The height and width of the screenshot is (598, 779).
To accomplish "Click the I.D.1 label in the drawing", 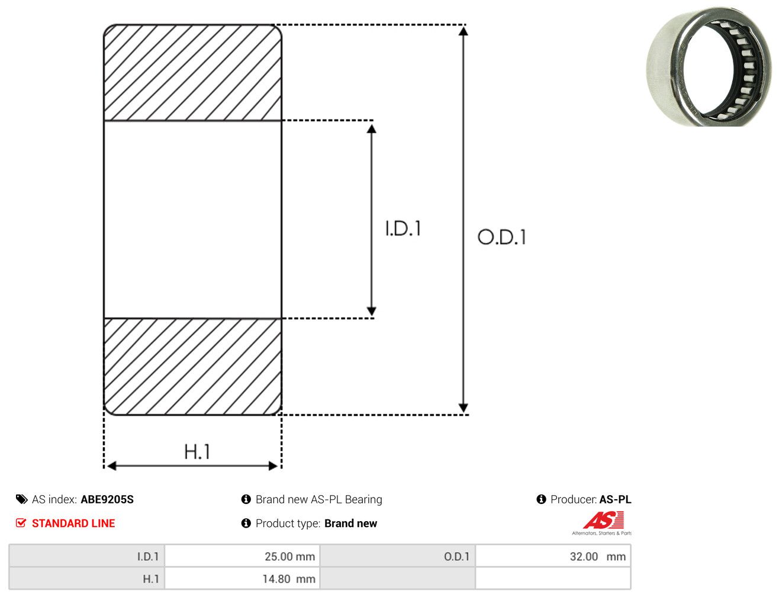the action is coord(403,228).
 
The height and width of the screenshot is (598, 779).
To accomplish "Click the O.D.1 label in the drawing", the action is coord(501,237).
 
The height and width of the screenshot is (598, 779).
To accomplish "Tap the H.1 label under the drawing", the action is coord(197,451).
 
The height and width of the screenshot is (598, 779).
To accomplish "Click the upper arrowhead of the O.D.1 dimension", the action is coord(463,31).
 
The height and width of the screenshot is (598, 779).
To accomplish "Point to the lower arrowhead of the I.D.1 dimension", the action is coord(371,311).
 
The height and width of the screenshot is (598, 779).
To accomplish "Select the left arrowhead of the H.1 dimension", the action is coord(111,466).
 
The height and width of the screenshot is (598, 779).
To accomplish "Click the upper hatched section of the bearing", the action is coord(192,72).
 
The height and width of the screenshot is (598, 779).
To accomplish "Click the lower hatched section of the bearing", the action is coord(192,367).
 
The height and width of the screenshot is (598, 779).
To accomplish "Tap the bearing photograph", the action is coord(709,66).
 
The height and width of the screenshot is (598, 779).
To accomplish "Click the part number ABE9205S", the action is coord(107,500).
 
